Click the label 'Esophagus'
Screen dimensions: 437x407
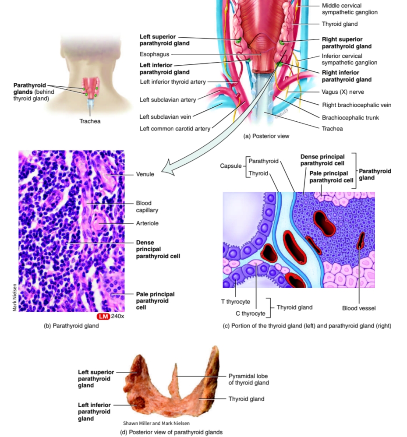click(153, 55)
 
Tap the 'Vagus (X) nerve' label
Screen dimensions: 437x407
click(343, 92)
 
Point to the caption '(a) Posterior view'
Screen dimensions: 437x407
click(266, 136)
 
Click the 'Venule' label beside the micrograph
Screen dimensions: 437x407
click(145, 174)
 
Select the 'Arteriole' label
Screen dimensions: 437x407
click(147, 223)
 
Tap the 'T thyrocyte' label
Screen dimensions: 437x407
click(235, 302)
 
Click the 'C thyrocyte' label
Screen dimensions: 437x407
click(250, 314)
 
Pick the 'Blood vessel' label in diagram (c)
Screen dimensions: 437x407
click(358, 308)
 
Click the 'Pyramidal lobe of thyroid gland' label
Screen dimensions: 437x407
click(248, 379)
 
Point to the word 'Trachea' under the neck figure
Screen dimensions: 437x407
click(89, 121)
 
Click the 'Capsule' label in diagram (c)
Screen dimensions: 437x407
click(230, 166)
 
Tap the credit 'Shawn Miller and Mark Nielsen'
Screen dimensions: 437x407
click(157, 423)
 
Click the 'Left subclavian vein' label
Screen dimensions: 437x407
click(165, 116)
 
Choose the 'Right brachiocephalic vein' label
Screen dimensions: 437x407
click(356, 105)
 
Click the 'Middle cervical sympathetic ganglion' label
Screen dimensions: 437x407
click(349, 9)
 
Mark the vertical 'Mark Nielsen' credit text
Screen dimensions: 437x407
click(14, 298)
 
